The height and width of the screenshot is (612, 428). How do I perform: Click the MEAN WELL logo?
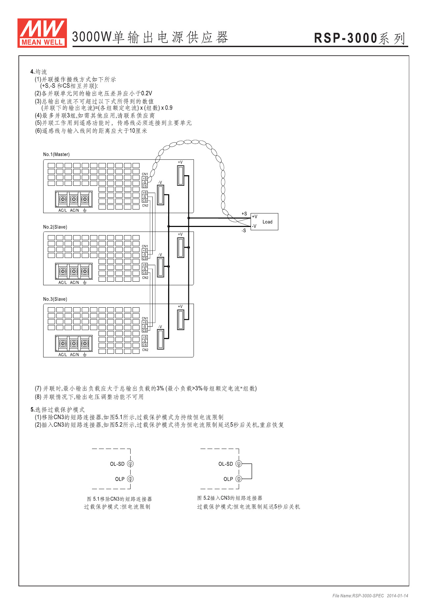coord(42,33)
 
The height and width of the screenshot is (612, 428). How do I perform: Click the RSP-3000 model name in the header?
coord(345,38)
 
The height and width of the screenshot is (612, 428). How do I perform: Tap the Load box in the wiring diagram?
coord(264,222)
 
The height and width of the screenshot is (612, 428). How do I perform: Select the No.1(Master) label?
coord(56,154)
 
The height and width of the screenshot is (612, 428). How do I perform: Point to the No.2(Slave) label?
coord(55,227)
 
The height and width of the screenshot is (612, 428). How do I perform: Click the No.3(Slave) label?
coord(55,299)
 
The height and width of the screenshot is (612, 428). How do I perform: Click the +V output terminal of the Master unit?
coord(180,176)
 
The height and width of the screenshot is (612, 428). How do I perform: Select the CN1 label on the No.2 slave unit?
coord(145,246)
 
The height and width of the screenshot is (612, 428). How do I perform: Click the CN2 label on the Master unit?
coord(145,206)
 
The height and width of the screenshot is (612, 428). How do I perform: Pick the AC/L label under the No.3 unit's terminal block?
coord(63,355)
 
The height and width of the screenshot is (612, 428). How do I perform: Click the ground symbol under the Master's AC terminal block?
coord(85,210)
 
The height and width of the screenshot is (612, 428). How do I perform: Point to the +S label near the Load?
coord(244,214)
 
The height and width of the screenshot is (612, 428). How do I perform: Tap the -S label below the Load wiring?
coord(244,231)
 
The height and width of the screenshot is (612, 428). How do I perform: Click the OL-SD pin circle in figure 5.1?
coord(130,464)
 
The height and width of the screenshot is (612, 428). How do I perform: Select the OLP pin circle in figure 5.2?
coord(239,479)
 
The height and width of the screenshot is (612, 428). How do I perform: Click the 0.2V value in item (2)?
coord(146,94)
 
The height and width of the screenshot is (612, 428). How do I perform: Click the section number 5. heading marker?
coord(33,410)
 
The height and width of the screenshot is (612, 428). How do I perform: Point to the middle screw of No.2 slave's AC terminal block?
coord(74,271)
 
